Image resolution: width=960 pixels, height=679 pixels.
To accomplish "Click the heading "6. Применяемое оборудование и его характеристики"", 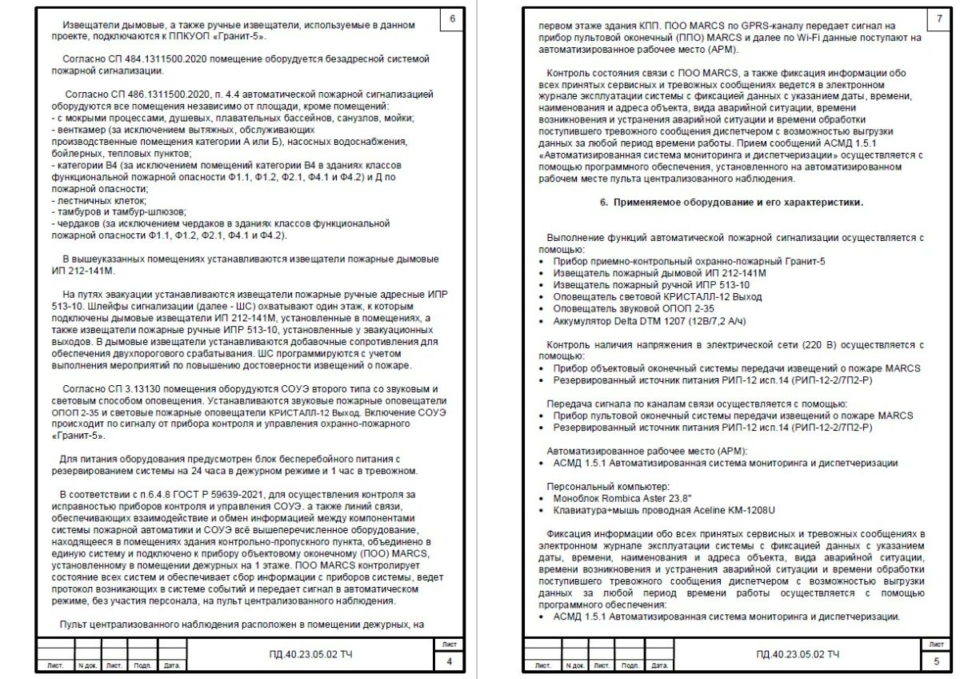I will (x=731, y=203).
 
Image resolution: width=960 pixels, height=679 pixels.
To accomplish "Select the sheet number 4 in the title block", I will (x=450, y=661).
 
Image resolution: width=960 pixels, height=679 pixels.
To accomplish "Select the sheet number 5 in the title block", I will (x=937, y=661).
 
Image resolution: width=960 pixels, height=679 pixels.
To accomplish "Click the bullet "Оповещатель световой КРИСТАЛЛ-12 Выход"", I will (x=657, y=296).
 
